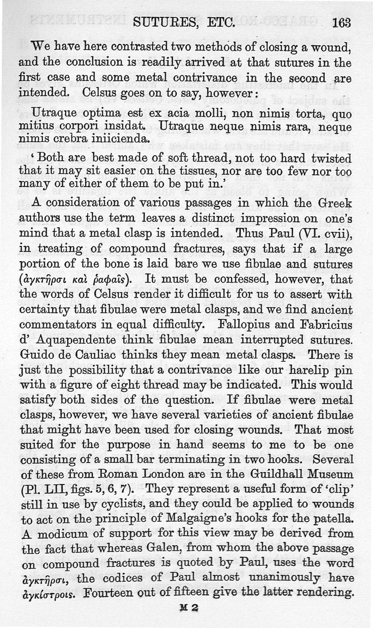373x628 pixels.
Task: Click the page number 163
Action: (342, 22)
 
